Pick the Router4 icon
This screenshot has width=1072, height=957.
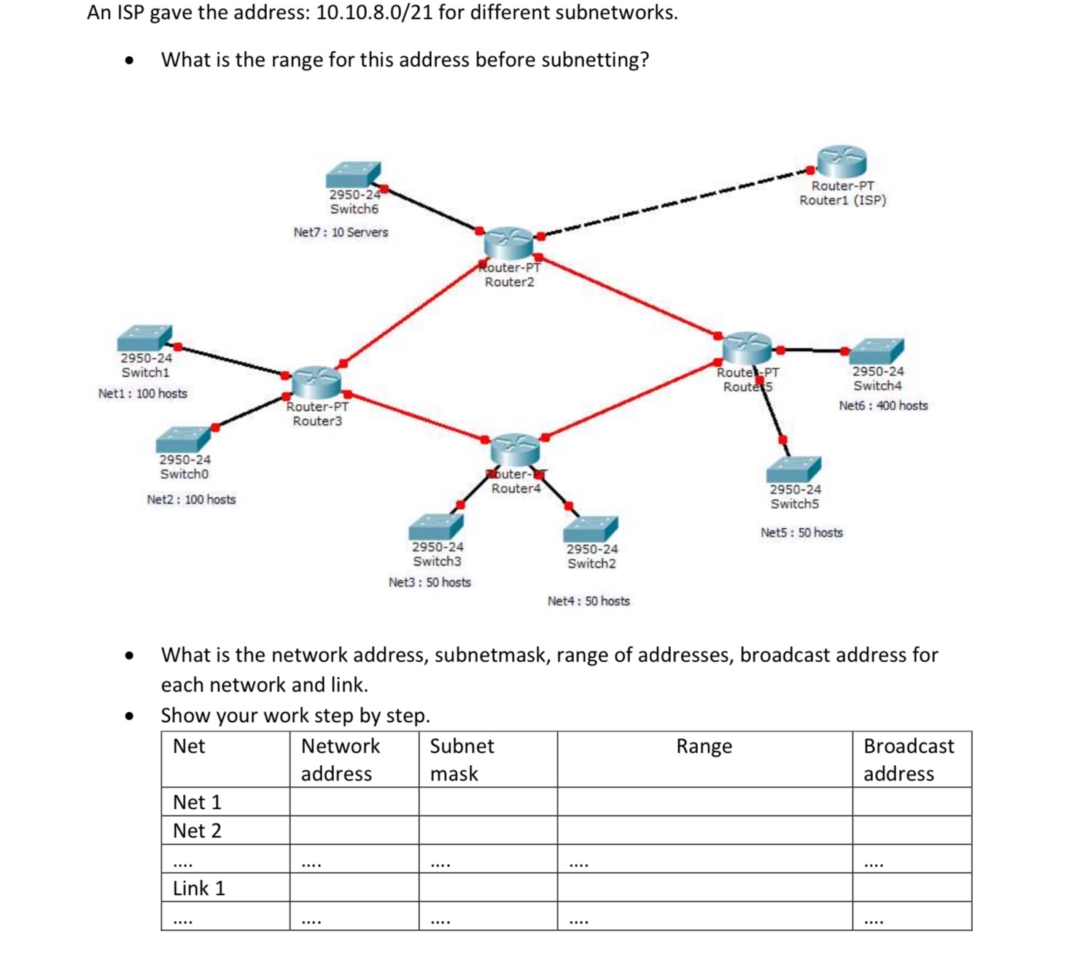pos(515,449)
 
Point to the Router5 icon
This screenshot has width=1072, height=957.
pos(747,347)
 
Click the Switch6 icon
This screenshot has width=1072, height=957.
pos(353,175)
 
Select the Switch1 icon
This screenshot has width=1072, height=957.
pos(144,338)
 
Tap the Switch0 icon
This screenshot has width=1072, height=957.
pos(183,439)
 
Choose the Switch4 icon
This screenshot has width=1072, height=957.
pos(877,352)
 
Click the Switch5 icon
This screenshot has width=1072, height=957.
pos(794,469)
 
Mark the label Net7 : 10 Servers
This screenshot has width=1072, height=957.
pos(341,233)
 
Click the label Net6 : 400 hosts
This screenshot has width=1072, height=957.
pos(883,406)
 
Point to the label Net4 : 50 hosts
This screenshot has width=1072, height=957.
pos(589,601)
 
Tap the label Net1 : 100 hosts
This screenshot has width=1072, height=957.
pos(143,394)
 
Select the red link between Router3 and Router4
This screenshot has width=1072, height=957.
pos(416,416)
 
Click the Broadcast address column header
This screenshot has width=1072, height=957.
pos(909,759)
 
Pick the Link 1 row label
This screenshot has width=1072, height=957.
pos(199,888)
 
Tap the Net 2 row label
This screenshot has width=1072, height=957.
pos(197,831)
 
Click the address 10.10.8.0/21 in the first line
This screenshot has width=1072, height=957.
pos(374,12)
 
